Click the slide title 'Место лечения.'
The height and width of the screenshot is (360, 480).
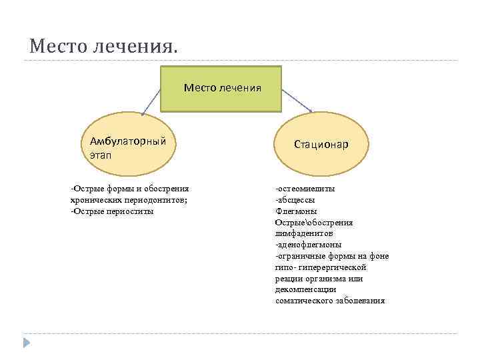coord(104,47)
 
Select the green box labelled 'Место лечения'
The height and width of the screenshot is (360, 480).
coord(221,87)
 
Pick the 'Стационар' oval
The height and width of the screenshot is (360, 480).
coord(323,145)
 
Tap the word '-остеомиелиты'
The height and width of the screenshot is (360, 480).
coord(305,189)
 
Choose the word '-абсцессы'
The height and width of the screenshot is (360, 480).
coord(295,200)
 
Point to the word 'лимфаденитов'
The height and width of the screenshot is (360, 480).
coord(303,234)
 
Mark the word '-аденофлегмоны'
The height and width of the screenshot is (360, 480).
coord(308,245)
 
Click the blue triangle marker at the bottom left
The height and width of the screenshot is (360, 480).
coord(27,343)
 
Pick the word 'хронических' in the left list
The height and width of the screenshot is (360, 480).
coord(95,200)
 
